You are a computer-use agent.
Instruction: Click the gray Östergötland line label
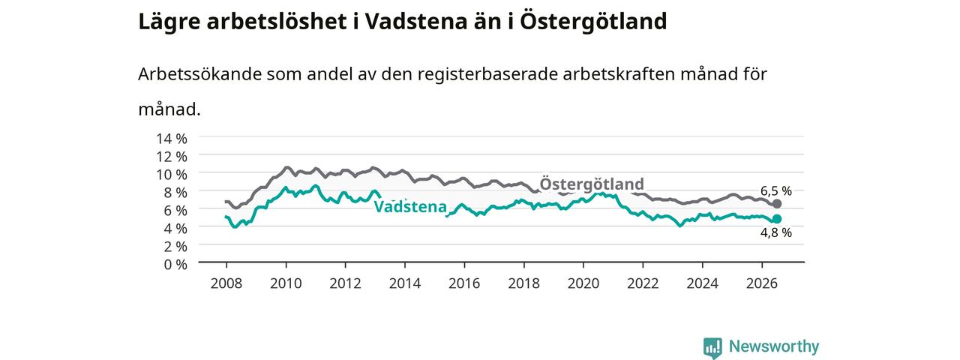point(592,184)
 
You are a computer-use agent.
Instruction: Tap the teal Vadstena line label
point(410,206)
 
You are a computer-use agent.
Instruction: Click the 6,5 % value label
point(776,190)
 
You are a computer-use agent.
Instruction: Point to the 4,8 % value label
point(776,232)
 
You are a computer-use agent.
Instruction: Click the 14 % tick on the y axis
point(172,139)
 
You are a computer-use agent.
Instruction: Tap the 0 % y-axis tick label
point(175,265)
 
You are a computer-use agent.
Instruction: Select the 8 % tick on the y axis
point(175,193)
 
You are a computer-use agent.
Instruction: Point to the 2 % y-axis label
point(175,247)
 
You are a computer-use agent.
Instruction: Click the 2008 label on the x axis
point(226,283)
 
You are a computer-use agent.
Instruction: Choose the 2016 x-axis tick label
point(464,283)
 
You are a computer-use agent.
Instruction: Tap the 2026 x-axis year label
point(762,283)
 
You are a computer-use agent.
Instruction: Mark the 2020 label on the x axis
point(583,283)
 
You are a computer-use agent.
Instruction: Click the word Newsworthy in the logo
point(774,346)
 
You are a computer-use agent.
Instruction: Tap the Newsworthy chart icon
point(712,347)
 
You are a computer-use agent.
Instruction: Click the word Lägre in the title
point(169,22)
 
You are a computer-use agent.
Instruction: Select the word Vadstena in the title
point(415,22)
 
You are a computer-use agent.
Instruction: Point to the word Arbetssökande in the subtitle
point(199,74)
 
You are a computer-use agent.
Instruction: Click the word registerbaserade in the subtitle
point(487,75)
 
